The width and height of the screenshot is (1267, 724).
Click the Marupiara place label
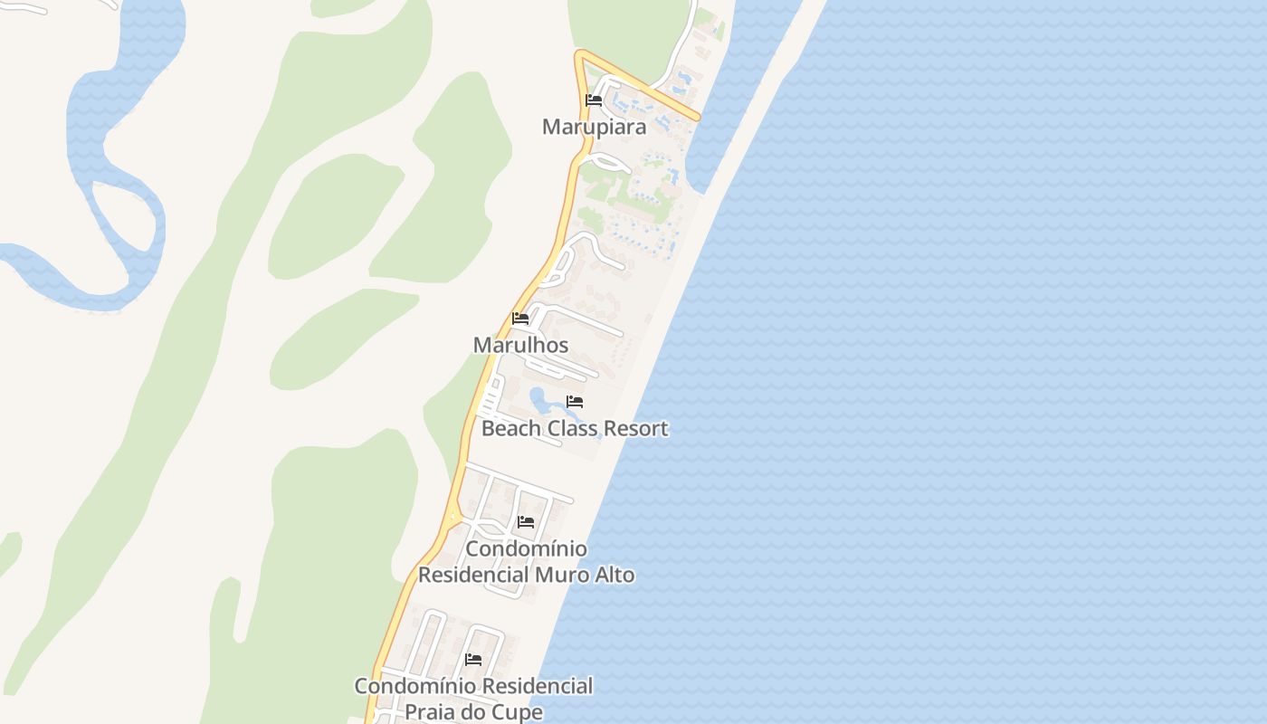594,127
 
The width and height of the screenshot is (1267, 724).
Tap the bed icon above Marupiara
594,100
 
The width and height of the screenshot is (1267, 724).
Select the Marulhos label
520,345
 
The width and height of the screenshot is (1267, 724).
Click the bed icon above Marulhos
520,319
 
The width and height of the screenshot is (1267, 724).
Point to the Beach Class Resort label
575,428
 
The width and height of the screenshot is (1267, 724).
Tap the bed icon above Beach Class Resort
575,402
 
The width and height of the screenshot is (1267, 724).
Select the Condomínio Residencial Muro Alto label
526,562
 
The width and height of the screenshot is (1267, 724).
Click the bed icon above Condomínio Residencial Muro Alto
526,522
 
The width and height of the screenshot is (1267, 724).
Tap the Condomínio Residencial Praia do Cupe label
473,699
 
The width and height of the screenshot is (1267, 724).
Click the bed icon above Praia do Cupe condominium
473,660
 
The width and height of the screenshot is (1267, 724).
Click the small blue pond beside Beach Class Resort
539,398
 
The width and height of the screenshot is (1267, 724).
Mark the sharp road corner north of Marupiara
580,54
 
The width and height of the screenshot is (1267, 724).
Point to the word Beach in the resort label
510,428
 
